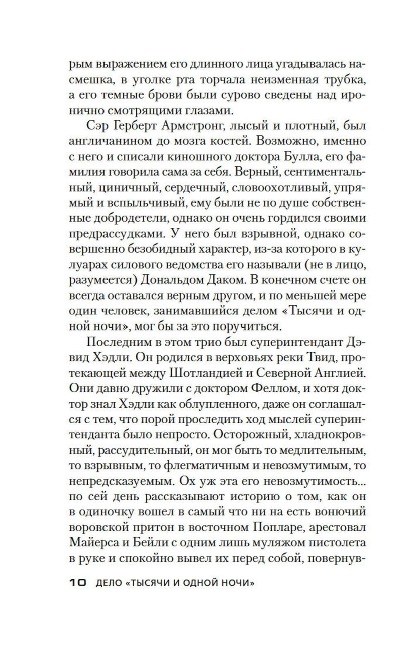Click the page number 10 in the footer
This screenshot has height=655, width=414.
coord(77,583)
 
